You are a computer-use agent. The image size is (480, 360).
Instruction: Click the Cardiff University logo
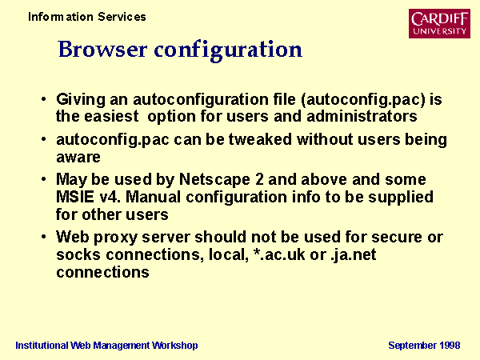pyautogui.click(x=439, y=23)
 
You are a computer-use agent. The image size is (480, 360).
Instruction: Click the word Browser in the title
pyautogui.click(x=102, y=49)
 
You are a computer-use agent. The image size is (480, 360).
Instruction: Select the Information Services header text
pyautogui.click(x=87, y=17)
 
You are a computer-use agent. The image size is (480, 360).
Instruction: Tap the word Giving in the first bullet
pyautogui.click(x=81, y=100)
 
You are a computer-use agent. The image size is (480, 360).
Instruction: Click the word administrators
pyautogui.click(x=362, y=116)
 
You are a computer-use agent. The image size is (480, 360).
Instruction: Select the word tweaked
pyautogui.click(x=260, y=139)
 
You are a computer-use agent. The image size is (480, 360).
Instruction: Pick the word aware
pyautogui.click(x=78, y=158)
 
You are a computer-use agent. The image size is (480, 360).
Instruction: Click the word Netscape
pyautogui.click(x=214, y=180)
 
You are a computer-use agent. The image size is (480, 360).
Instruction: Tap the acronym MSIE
pyautogui.click(x=75, y=197)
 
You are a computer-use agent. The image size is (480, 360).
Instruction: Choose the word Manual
pyautogui.click(x=153, y=197)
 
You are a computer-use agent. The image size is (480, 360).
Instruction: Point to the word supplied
pyautogui.click(x=401, y=198)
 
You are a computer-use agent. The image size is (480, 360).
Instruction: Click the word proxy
pyautogui.click(x=116, y=238)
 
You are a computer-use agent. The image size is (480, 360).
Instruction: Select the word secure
pyautogui.click(x=397, y=238)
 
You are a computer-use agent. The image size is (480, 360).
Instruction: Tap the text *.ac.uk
pyautogui.click(x=279, y=254)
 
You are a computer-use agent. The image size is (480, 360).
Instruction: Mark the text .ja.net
pyautogui.click(x=354, y=255)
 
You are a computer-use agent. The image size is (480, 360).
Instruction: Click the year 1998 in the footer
pyautogui.click(x=450, y=346)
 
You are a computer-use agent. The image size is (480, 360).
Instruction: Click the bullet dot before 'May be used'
pyautogui.click(x=43, y=178)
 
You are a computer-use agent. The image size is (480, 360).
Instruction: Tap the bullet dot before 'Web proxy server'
pyautogui.click(x=43, y=237)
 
